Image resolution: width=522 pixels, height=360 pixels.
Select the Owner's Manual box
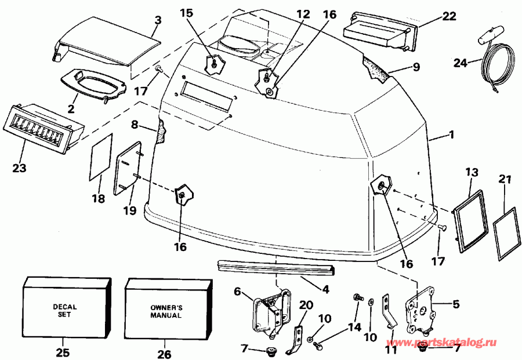pyautogui.click(x=167, y=311)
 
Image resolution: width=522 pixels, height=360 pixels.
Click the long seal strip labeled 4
pyautogui.click(x=275, y=268)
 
